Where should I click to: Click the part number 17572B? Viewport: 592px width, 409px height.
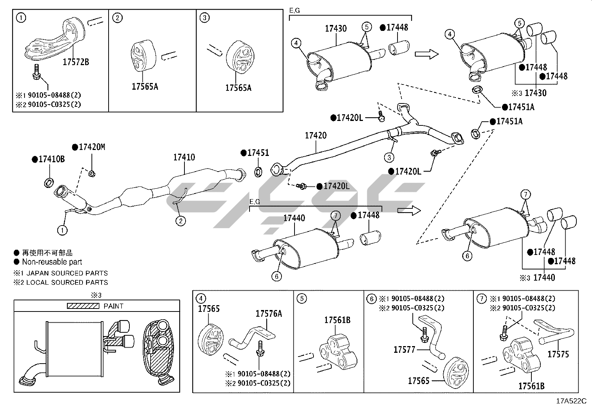[x=75, y=62]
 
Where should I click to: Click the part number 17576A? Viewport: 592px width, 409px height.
[x=268, y=313]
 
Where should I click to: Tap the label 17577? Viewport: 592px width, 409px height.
[x=404, y=349]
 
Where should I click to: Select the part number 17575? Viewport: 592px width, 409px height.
[x=558, y=354]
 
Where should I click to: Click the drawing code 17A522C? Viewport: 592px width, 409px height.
[x=571, y=401]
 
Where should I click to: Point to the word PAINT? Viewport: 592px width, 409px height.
[x=114, y=306]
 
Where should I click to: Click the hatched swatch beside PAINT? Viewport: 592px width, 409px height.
[x=83, y=306]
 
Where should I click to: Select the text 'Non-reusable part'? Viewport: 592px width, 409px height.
[x=52, y=262]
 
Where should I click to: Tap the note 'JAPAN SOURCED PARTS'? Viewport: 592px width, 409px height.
[x=67, y=273]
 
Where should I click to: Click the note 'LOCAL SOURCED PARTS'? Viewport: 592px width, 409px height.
[x=67, y=282]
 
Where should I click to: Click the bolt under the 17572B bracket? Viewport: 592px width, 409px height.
[x=37, y=72]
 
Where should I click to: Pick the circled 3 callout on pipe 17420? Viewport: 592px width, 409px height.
[x=389, y=157]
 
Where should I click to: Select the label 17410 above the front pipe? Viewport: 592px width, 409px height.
[x=184, y=157]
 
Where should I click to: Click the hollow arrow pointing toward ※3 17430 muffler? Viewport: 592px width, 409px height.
[x=427, y=54]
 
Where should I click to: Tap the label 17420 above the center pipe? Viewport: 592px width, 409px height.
[x=316, y=135]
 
